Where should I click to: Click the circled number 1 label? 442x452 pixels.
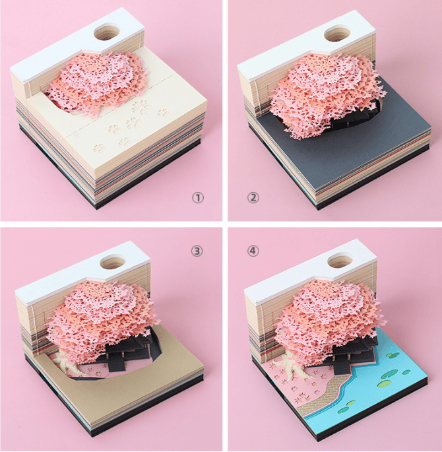(x=198, y=197)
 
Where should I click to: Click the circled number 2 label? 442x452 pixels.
(x=253, y=197)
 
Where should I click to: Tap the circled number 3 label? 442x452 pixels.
(x=197, y=251)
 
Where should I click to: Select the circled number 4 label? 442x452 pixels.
(x=253, y=251)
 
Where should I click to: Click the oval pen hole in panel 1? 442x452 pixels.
(x=107, y=32)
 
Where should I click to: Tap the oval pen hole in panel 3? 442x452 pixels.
(x=113, y=261)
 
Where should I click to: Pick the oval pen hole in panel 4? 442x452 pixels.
(x=341, y=261)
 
